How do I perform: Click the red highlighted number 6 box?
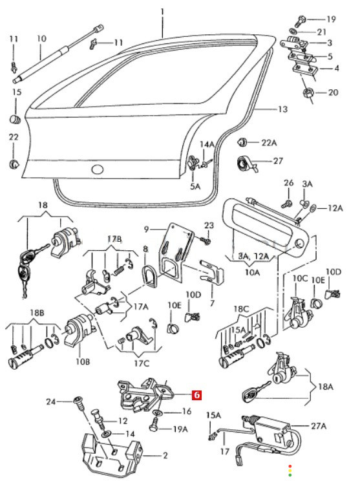[x=196, y=395]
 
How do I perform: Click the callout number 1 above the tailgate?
[x=162, y=12]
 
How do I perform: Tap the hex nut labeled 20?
[x=308, y=92]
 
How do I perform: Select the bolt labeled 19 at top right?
[x=301, y=21]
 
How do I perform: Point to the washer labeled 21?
[x=293, y=31]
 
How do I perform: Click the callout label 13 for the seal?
[x=282, y=109]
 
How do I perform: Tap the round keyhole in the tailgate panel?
[x=98, y=169]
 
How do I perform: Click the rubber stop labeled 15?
[x=15, y=119]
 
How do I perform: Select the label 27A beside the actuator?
[x=319, y=426]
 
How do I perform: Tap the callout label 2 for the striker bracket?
[x=165, y=456]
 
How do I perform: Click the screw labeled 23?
[x=206, y=239]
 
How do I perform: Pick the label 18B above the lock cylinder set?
[x=37, y=313]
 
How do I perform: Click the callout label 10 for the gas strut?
[x=41, y=39]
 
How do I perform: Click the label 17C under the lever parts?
[x=142, y=363]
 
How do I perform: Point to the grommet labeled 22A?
[x=242, y=142]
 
